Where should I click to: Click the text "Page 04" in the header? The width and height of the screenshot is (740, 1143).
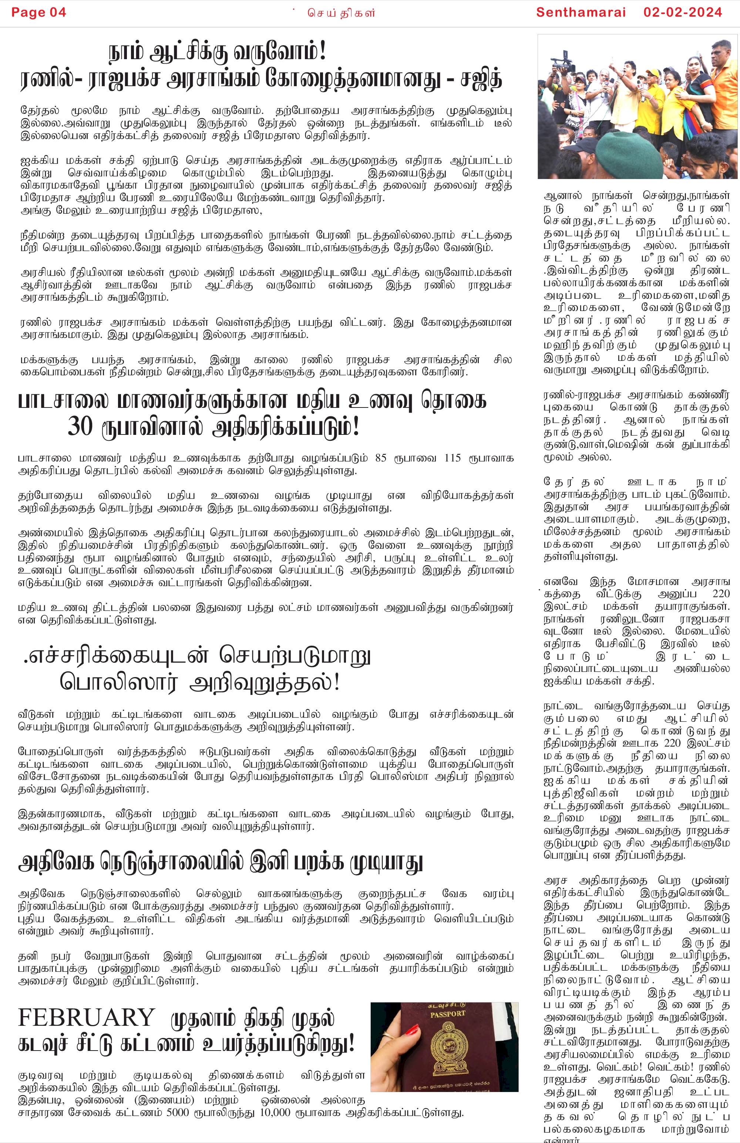38,13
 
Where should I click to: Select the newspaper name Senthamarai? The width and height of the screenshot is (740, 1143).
581,13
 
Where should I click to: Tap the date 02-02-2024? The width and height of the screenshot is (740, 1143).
682,13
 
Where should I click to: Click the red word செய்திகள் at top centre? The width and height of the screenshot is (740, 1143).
341,13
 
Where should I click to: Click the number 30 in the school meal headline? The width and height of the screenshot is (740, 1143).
80,426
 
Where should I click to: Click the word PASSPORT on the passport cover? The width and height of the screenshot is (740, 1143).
447,1014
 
